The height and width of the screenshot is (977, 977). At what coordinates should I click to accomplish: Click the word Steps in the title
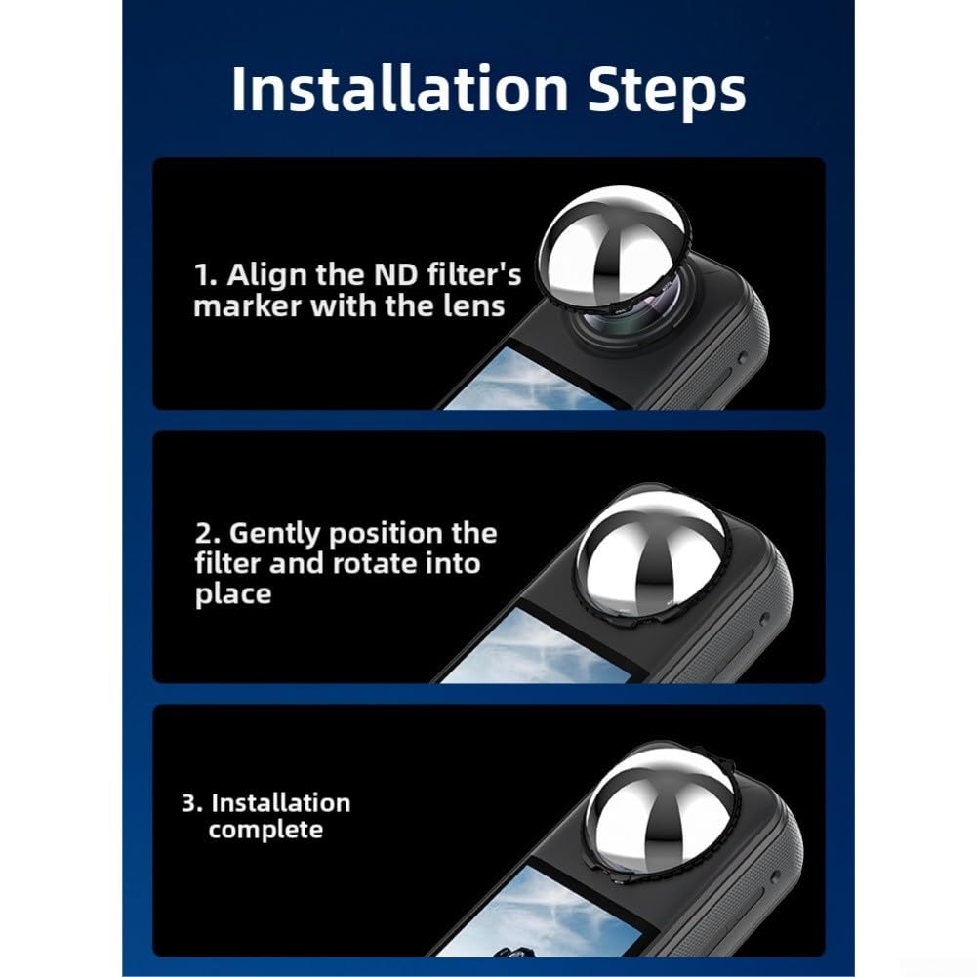pos(666,92)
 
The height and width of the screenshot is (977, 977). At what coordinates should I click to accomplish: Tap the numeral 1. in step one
pos(206,275)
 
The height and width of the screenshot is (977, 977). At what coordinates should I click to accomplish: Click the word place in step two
pos(233,593)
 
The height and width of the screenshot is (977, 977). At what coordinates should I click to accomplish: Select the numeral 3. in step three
pos(192,803)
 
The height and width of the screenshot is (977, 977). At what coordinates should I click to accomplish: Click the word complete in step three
pos(265,830)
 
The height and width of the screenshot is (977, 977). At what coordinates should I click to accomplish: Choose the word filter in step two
pos(228,564)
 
